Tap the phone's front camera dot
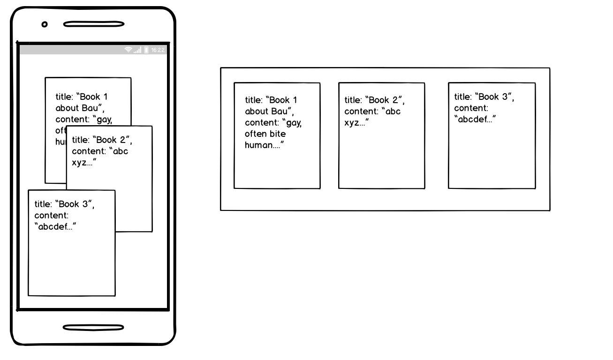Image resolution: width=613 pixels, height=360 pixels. tap(45, 24)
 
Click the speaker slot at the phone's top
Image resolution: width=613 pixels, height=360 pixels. tap(94, 24)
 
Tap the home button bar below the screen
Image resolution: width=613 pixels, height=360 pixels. tap(94, 327)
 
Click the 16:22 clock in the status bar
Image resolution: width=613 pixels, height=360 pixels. tap(158, 50)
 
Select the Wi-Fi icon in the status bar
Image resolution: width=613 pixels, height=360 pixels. tap(128, 50)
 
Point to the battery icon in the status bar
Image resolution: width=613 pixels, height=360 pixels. tap(146, 50)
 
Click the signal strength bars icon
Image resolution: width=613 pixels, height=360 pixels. tap(137, 50)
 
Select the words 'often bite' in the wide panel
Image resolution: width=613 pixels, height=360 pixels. tap(265, 134)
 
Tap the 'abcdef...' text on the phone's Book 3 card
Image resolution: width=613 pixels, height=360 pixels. tap(55, 227)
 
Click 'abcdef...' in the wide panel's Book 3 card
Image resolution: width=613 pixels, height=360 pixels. tap(475, 119)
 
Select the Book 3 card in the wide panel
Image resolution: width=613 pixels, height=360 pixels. tap(492, 155)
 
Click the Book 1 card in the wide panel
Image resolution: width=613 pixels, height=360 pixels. tap(277, 164)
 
